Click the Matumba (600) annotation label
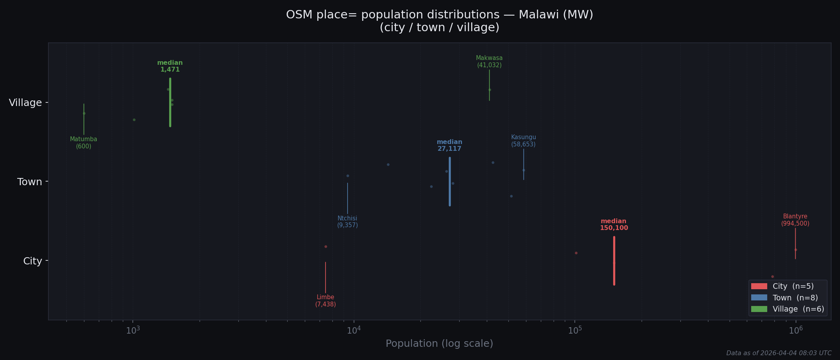(84, 143)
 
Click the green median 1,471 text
(170, 66)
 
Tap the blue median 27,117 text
(450, 146)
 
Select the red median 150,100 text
(614, 225)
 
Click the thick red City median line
(614, 261)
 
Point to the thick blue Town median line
(450, 182)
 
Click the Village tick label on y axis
(26, 103)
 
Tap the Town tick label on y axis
(30, 182)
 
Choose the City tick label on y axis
(32, 261)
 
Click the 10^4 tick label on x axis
(354, 330)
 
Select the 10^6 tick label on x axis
(796, 330)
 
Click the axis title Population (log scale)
(439, 344)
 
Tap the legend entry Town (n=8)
(795, 298)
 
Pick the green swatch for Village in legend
(759, 309)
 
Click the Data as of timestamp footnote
(778, 353)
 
